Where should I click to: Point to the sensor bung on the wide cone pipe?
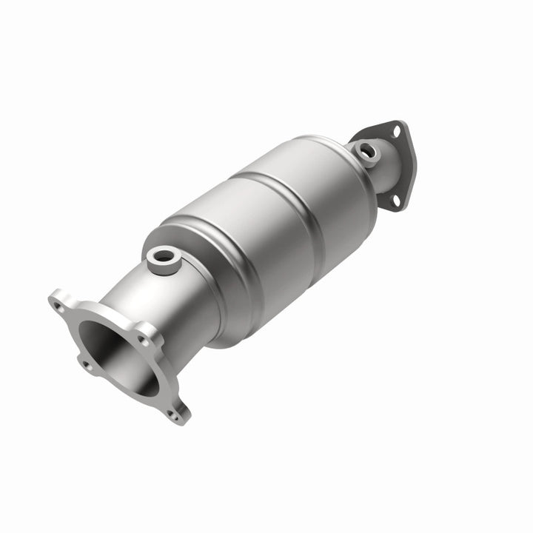(x=161, y=259)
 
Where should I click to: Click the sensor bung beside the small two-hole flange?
(x=365, y=151)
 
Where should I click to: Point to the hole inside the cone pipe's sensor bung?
(x=161, y=257)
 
